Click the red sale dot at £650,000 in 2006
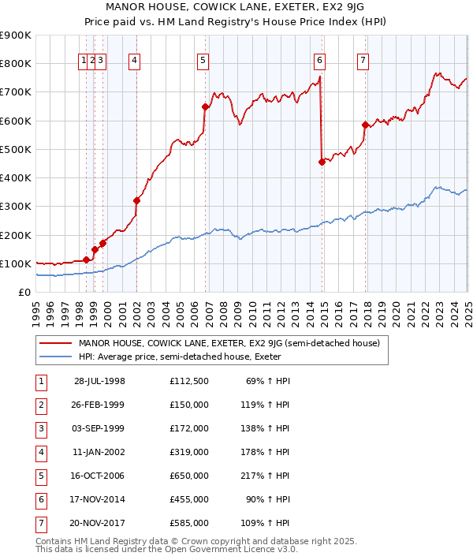coord(205,106)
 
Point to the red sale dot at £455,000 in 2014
coord(322,162)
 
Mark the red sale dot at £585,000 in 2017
coord(365,125)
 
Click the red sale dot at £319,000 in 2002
coord(136,200)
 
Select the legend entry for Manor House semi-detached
coord(229,343)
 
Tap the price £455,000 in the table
coord(189,498)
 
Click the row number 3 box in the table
coord(39,430)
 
